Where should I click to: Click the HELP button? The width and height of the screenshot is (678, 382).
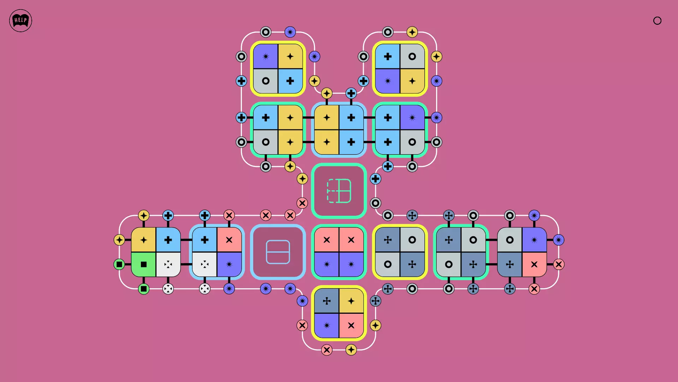click(x=20, y=21)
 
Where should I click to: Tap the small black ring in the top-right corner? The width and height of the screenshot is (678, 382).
click(x=657, y=21)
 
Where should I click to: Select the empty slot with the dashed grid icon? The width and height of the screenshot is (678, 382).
click(x=339, y=191)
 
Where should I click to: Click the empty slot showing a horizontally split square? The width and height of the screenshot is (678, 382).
click(x=278, y=252)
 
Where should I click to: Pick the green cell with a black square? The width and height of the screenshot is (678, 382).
click(x=143, y=264)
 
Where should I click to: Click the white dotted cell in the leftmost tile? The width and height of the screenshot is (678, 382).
click(x=168, y=264)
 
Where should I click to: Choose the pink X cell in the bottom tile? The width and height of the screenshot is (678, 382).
click(x=351, y=325)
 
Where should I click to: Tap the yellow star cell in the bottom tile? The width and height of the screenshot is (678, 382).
click(x=351, y=301)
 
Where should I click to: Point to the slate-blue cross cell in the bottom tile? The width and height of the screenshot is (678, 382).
click(x=327, y=301)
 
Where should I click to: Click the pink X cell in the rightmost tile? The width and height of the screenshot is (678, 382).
click(x=534, y=264)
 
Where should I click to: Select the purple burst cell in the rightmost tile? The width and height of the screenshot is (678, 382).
click(x=534, y=240)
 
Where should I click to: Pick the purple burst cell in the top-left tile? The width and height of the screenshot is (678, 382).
click(x=266, y=56)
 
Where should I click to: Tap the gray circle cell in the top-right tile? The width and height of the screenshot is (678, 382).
click(x=412, y=56)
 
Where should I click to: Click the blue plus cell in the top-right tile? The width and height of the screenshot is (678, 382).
click(x=388, y=56)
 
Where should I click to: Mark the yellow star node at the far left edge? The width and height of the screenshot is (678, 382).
click(x=119, y=240)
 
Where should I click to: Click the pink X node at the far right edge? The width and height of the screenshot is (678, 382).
click(x=559, y=264)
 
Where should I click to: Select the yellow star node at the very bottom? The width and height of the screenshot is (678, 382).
click(x=351, y=350)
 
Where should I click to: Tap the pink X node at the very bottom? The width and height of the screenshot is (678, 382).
click(x=327, y=350)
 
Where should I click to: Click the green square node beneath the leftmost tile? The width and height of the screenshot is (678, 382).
click(x=143, y=289)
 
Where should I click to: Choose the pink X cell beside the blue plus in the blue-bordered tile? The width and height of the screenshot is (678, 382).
click(x=229, y=240)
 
